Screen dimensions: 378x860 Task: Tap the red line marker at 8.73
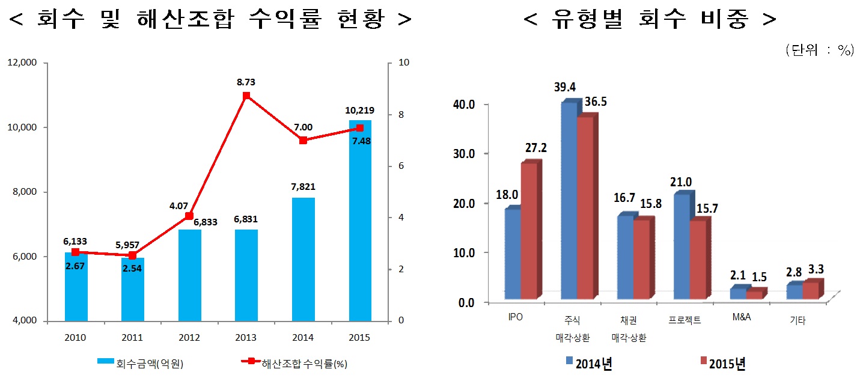(x=246, y=96)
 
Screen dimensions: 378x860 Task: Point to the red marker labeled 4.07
(x=189, y=216)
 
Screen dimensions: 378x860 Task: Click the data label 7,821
(x=303, y=186)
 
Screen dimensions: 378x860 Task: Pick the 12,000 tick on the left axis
(x=23, y=62)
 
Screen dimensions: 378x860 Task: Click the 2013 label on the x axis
(x=246, y=338)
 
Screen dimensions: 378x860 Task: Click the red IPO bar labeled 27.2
(x=529, y=231)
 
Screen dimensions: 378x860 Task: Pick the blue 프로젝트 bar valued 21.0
(x=682, y=246)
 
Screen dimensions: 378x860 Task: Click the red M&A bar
(x=754, y=294)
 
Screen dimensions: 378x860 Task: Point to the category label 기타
(x=797, y=321)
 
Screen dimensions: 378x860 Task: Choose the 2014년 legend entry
(x=588, y=362)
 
